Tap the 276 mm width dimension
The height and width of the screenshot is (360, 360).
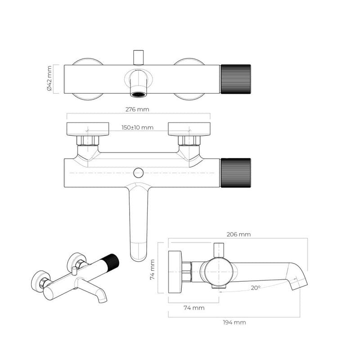138,109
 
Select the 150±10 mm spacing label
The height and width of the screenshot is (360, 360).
138,127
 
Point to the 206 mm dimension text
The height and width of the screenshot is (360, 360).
238,234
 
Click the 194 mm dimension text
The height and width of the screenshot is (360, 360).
234,322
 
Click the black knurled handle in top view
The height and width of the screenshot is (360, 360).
235,79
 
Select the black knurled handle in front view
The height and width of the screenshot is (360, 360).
235,172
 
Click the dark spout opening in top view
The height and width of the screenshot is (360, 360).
139,94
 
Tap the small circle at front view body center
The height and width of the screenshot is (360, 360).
139,172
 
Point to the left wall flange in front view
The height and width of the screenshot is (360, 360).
87,129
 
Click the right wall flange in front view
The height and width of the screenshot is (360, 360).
189,129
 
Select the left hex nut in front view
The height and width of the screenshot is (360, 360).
87,141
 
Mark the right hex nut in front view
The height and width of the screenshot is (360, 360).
189,141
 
